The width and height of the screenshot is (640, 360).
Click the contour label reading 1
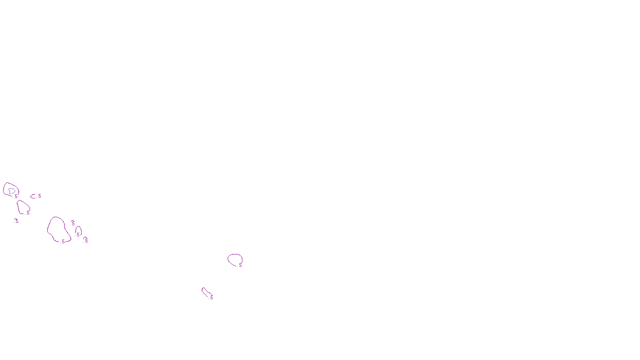(x=10, y=192)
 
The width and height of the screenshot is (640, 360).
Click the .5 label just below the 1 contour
(x=16, y=196)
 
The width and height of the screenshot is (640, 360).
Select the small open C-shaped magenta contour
(x=32, y=196)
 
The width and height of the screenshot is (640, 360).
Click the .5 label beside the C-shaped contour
(x=39, y=196)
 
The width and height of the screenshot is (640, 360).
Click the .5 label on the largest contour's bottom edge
(x=63, y=242)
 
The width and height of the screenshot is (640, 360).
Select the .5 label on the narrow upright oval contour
(x=78, y=235)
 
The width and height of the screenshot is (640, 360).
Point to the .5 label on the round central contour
(x=240, y=265)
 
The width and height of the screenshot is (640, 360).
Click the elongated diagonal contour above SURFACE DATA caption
(x=205, y=292)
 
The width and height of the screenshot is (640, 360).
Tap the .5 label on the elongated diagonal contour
(x=211, y=298)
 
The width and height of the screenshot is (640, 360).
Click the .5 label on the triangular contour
(x=28, y=213)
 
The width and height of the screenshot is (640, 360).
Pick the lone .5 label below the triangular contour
(x=16, y=221)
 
